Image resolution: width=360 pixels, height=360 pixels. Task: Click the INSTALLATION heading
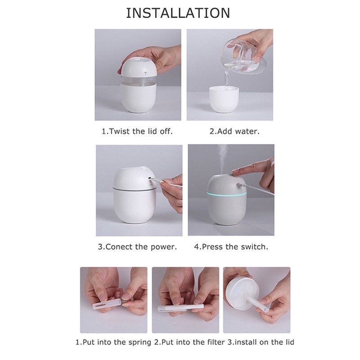178,13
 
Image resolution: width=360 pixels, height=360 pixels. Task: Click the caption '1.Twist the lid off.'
137,132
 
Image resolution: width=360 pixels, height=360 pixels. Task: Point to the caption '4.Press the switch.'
230,247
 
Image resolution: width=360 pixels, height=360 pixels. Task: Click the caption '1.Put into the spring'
113,342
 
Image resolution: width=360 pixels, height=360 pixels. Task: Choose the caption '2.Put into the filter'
189,342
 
